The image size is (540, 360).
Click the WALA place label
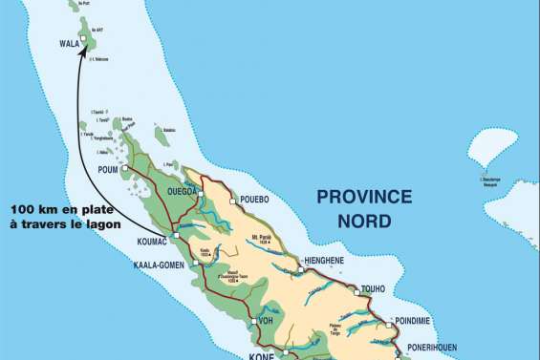click(69, 43)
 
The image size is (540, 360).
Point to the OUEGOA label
click(182, 191)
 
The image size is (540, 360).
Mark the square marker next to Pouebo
click(232, 201)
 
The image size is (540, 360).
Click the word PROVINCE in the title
click(364, 198)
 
